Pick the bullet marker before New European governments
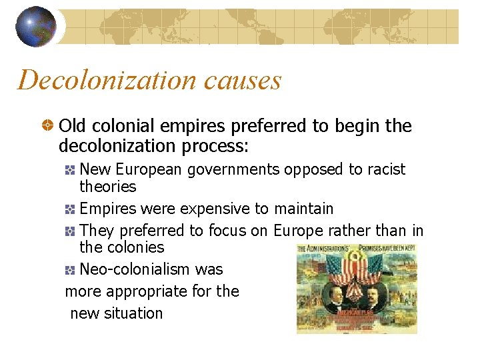pyautogui.click(x=71, y=170)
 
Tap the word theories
pyautogui.click(x=107, y=187)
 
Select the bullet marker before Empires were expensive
pyautogui.click(x=71, y=209)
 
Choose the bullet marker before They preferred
pyautogui.click(x=71, y=231)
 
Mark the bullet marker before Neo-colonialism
pyautogui.click(x=71, y=270)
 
